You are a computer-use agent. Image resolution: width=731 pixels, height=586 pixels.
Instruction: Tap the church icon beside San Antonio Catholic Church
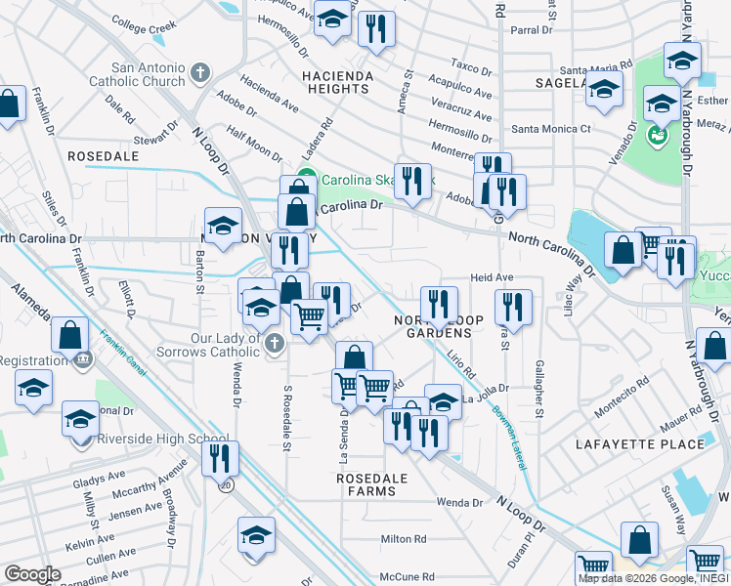200,72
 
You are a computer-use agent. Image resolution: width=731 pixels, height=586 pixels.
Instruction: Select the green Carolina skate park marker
306,178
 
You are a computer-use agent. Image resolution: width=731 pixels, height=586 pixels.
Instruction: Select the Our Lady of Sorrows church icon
276,343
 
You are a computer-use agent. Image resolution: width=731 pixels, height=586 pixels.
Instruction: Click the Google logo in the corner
32,574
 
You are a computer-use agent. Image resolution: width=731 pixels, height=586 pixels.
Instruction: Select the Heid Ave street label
492,278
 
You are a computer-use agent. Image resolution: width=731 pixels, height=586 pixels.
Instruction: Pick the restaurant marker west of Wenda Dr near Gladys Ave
220,457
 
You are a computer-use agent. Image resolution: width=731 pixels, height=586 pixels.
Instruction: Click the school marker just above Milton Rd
256,535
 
